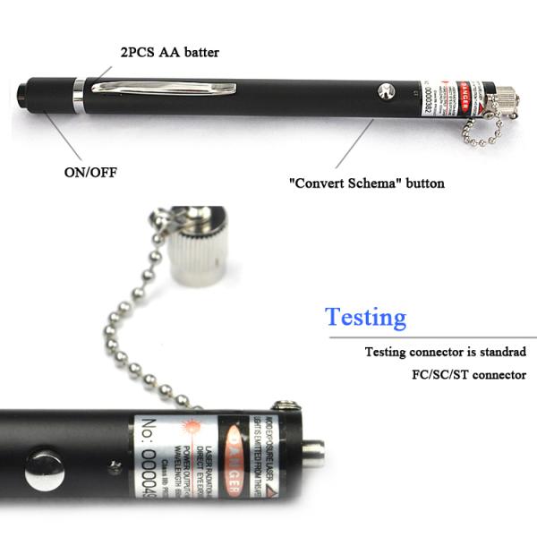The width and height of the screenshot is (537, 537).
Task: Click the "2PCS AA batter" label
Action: (x=169, y=53)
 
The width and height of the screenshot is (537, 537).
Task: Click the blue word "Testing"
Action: (x=365, y=317)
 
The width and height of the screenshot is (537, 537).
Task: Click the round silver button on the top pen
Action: (x=387, y=90)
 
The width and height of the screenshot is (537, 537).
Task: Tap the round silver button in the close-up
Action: (x=42, y=465)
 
